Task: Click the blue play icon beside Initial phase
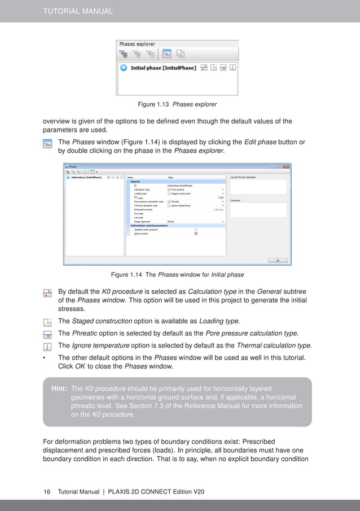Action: point(124,68)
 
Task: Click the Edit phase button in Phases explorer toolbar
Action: point(167,54)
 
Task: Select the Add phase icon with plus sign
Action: point(124,54)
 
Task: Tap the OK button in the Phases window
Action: point(278,261)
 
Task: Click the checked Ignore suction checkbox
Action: point(196,234)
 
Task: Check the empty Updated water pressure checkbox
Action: point(196,230)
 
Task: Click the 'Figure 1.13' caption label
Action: point(153,104)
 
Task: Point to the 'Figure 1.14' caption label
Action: point(126,275)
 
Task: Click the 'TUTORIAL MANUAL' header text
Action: point(78,11)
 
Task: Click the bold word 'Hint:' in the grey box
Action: point(59,389)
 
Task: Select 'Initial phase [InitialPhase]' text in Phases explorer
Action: point(163,68)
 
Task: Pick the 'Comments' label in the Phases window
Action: point(236,200)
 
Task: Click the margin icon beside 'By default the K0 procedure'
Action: point(47,293)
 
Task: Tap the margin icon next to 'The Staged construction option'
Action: point(47,321)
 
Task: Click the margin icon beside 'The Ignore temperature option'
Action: point(47,346)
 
